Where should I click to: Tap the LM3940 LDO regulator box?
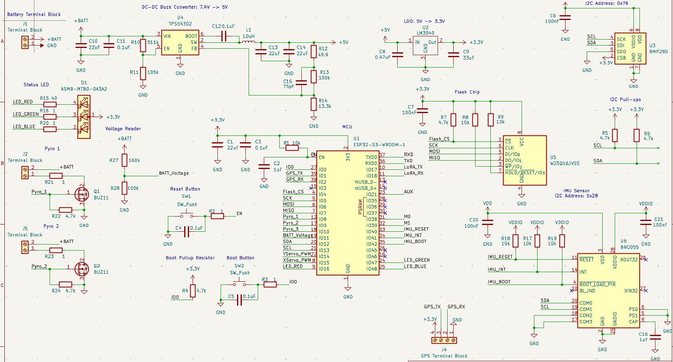[425, 46]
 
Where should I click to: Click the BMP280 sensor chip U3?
[630, 48]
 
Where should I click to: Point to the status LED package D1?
[84, 117]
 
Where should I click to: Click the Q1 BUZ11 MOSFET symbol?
[82, 194]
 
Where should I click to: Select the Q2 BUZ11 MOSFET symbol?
[82, 269]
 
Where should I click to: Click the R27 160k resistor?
[124, 160]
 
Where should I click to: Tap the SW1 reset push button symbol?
[186, 216]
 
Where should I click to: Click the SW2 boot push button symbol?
[239, 284]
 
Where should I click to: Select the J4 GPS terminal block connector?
[444, 340]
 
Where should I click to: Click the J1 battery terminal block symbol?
[25, 42]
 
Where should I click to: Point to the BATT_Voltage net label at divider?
[174, 173]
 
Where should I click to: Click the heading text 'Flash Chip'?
[467, 92]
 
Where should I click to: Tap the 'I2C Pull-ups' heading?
[625, 99]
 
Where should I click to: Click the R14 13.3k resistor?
[314, 104]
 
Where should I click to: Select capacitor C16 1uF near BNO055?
[655, 338]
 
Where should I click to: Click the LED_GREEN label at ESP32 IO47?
[416, 260]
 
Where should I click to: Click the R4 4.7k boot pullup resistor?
[193, 291]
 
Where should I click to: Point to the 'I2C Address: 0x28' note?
[576, 196]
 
